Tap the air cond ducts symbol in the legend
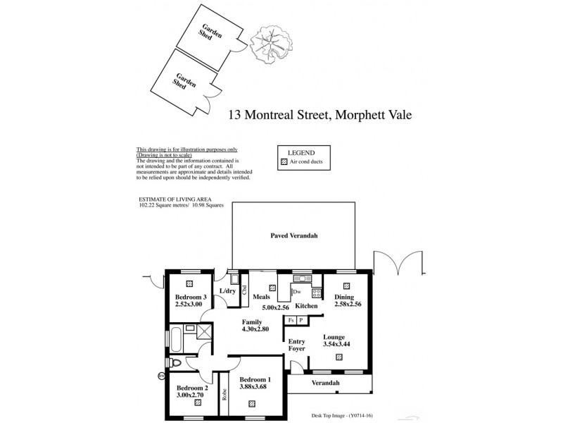coord(284,161)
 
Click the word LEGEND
coord(300,152)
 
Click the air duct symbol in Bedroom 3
coord(189,283)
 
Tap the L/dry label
coord(227,290)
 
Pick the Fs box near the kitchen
coord(290,320)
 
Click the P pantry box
coord(301,320)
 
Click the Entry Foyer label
coord(297,344)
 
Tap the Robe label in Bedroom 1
coord(224,396)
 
